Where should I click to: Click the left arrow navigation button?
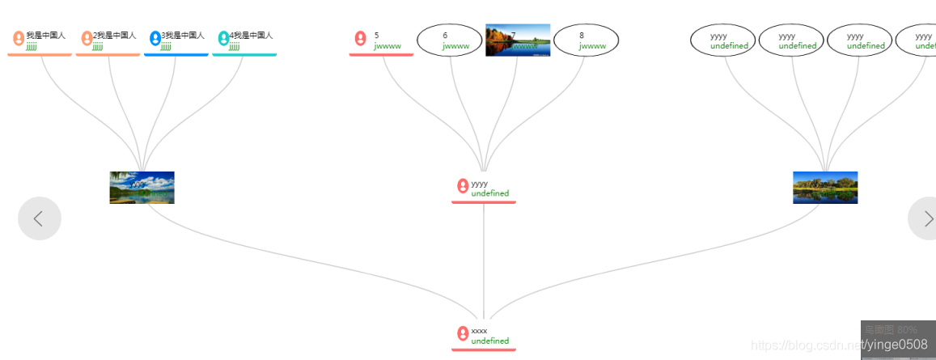(x=39, y=218)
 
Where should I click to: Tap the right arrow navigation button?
(x=924, y=218)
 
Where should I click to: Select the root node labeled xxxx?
(x=484, y=335)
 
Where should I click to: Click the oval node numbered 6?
(x=449, y=40)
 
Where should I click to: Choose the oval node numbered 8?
(x=586, y=40)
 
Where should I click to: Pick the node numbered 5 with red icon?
(x=381, y=40)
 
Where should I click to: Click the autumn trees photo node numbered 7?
(x=518, y=40)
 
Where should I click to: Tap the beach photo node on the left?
(x=142, y=188)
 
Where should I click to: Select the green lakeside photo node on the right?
(x=825, y=188)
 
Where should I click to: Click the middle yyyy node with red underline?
(x=484, y=188)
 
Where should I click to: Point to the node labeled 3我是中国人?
(x=176, y=40)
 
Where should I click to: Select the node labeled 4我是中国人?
(x=244, y=40)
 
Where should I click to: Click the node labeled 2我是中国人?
(x=108, y=40)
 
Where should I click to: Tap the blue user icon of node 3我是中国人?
(x=155, y=38)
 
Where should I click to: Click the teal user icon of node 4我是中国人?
(x=223, y=38)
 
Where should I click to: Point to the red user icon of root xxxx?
(x=463, y=333)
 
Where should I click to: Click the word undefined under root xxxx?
(x=490, y=341)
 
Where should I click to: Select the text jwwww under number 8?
(x=592, y=46)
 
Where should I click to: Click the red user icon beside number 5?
(x=361, y=38)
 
